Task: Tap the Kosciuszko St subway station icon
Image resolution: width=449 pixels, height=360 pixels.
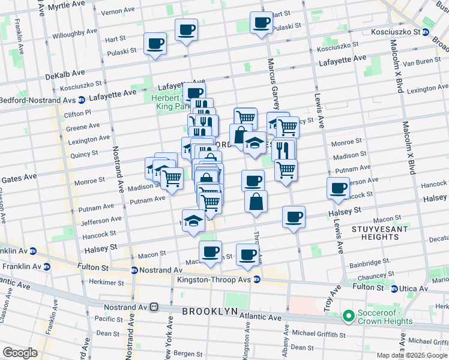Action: [426, 32]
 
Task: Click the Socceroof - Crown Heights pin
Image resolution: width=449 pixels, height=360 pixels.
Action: [347, 316]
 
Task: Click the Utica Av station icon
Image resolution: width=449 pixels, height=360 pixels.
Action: [394, 289]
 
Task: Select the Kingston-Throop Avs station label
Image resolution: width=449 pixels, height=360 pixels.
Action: [214, 280]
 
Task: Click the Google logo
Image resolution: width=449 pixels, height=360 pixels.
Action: [20, 353]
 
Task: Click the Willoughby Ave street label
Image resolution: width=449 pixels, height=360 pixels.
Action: [75, 31]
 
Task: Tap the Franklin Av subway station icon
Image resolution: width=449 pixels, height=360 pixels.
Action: [32, 251]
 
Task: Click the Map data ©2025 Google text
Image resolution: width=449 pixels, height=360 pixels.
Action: [411, 355]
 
